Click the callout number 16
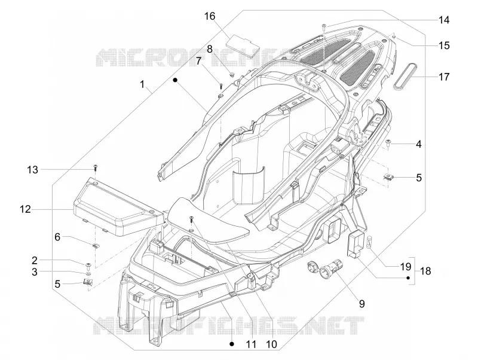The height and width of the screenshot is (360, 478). (x=210, y=16)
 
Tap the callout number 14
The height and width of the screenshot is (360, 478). (x=444, y=20)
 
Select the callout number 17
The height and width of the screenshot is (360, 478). (x=444, y=77)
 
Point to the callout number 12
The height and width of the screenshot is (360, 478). (x=25, y=209)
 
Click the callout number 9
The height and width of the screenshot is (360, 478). (x=361, y=304)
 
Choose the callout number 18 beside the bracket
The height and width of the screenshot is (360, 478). (x=425, y=271)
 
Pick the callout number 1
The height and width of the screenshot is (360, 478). (x=142, y=84)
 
